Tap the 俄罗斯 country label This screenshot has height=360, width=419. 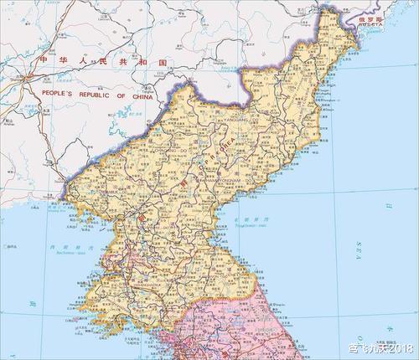point(368,18)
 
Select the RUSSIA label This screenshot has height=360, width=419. point(370,26)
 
